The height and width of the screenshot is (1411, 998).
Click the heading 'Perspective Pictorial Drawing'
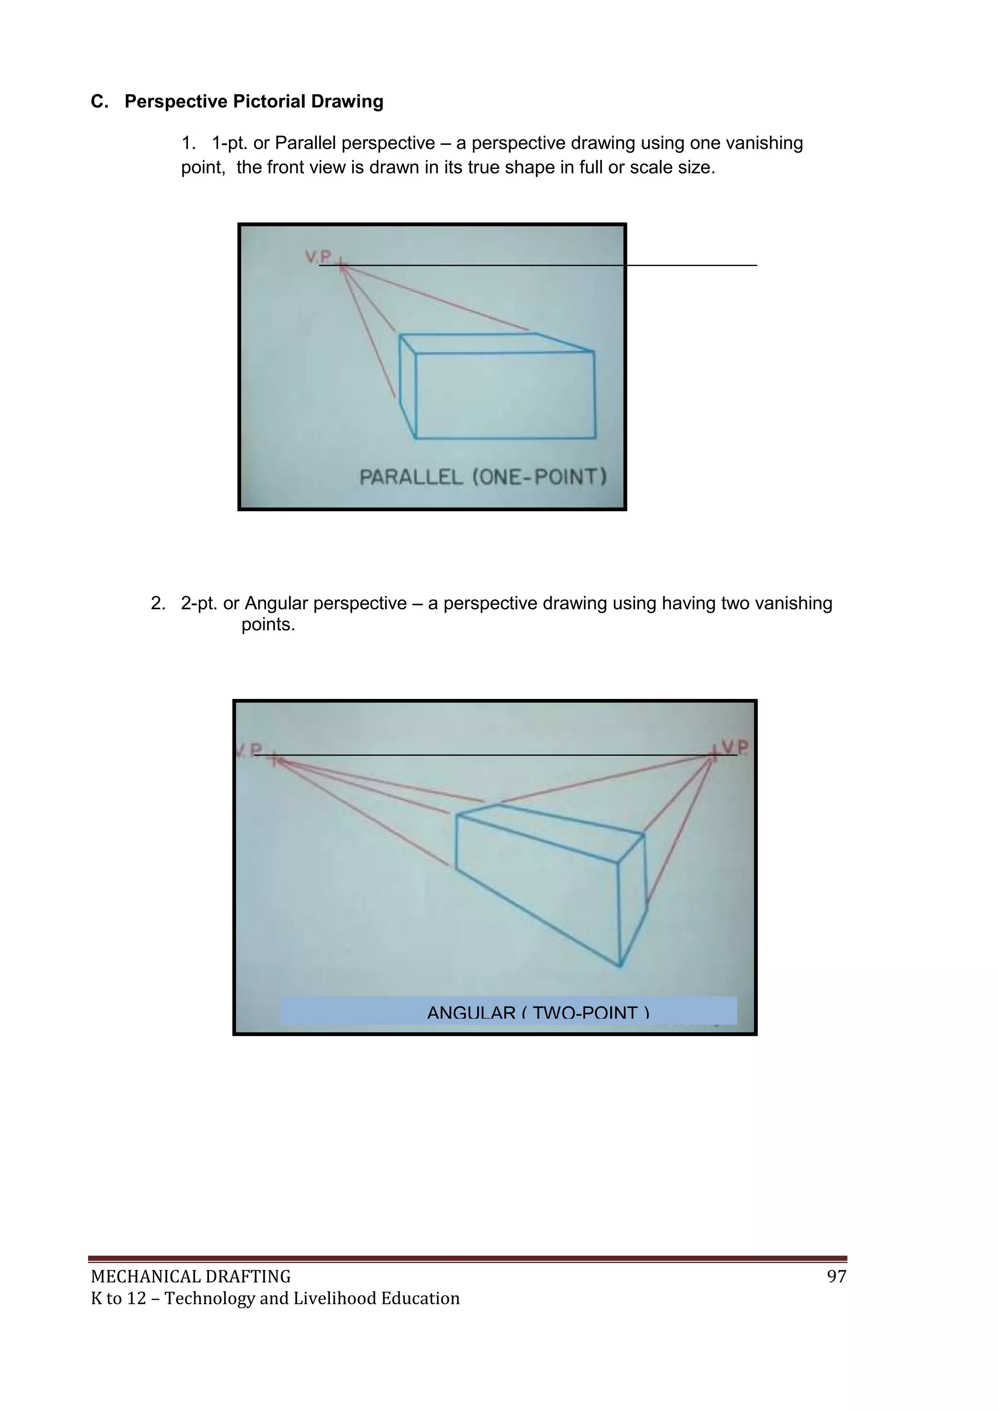click(x=253, y=101)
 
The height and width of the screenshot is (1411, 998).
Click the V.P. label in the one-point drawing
click(x=318, y=256)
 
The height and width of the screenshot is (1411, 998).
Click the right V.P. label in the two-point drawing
click(x=736, y=747)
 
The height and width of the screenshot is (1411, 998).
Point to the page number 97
click(x=836, y=1276)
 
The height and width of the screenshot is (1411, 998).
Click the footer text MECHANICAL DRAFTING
click(x=191, y=1277)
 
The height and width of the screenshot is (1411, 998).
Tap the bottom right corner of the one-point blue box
click(x=595, y=438)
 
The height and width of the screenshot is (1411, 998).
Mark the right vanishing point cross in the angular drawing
click(x=713, y=753)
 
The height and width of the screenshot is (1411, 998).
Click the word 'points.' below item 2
click(x=268, y=625)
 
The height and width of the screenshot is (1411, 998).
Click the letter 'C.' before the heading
click(x=99, y=101)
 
